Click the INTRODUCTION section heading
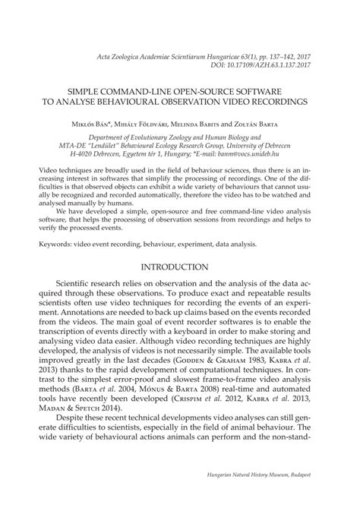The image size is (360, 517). (x=179, y=266)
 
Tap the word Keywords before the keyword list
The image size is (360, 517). (x=55, y=244)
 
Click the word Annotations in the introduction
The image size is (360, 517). (x=72, y=320)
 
